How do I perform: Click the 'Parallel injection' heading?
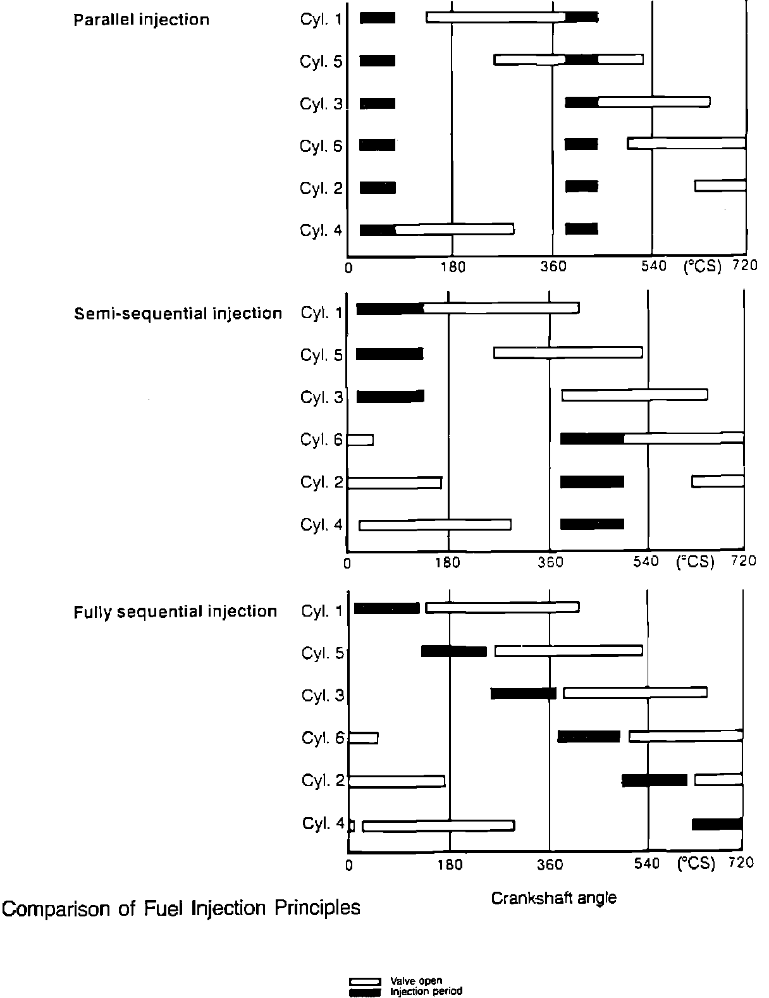(141, 20)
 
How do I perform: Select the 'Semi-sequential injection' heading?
(178, 314)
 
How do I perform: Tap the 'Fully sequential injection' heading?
(175, 612)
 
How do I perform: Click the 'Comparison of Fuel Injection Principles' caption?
(181, 908)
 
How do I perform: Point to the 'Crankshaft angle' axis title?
(553, 897)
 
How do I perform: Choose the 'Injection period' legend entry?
(426, 991)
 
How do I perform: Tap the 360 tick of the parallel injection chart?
(553, 267)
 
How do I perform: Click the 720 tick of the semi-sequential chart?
(744, 561)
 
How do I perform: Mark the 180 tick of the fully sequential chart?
(450, 864)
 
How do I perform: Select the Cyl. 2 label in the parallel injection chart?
(321, 188)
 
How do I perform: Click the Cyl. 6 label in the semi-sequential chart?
(321, 440)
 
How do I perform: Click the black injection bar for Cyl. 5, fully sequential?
(454, 651)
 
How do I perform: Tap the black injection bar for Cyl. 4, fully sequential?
(717, 824)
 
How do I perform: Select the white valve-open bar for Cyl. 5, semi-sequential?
(568, 353)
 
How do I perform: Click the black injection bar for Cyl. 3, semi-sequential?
(390, 397)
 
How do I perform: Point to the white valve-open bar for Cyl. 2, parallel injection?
(720, 186)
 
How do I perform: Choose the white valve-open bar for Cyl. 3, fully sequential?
(635, 693)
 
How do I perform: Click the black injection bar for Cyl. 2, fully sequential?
(655, 780)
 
